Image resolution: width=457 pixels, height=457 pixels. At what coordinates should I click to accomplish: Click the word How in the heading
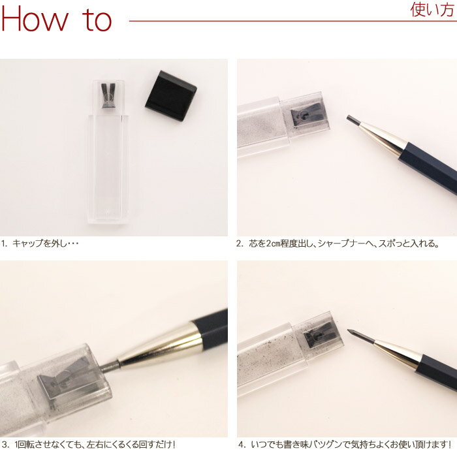[x=35, y=18]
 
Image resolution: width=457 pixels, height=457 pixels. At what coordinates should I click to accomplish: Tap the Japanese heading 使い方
[x=432, y=10]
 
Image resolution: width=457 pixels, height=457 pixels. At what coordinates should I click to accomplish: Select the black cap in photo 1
[x=171, y=95]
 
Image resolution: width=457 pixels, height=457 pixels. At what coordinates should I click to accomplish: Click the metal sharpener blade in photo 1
[x=108, y=95]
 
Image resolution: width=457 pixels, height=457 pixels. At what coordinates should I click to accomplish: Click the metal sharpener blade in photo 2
[x=306, y=114]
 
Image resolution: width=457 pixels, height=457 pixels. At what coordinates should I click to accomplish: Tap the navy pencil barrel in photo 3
[x=210, y=325]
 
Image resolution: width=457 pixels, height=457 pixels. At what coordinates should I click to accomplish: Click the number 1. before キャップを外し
[x=5, y=244]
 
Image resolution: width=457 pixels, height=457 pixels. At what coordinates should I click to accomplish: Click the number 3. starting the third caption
[x=5, y=445]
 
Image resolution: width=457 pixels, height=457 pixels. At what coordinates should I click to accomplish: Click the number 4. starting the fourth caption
[x=242, y=445]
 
